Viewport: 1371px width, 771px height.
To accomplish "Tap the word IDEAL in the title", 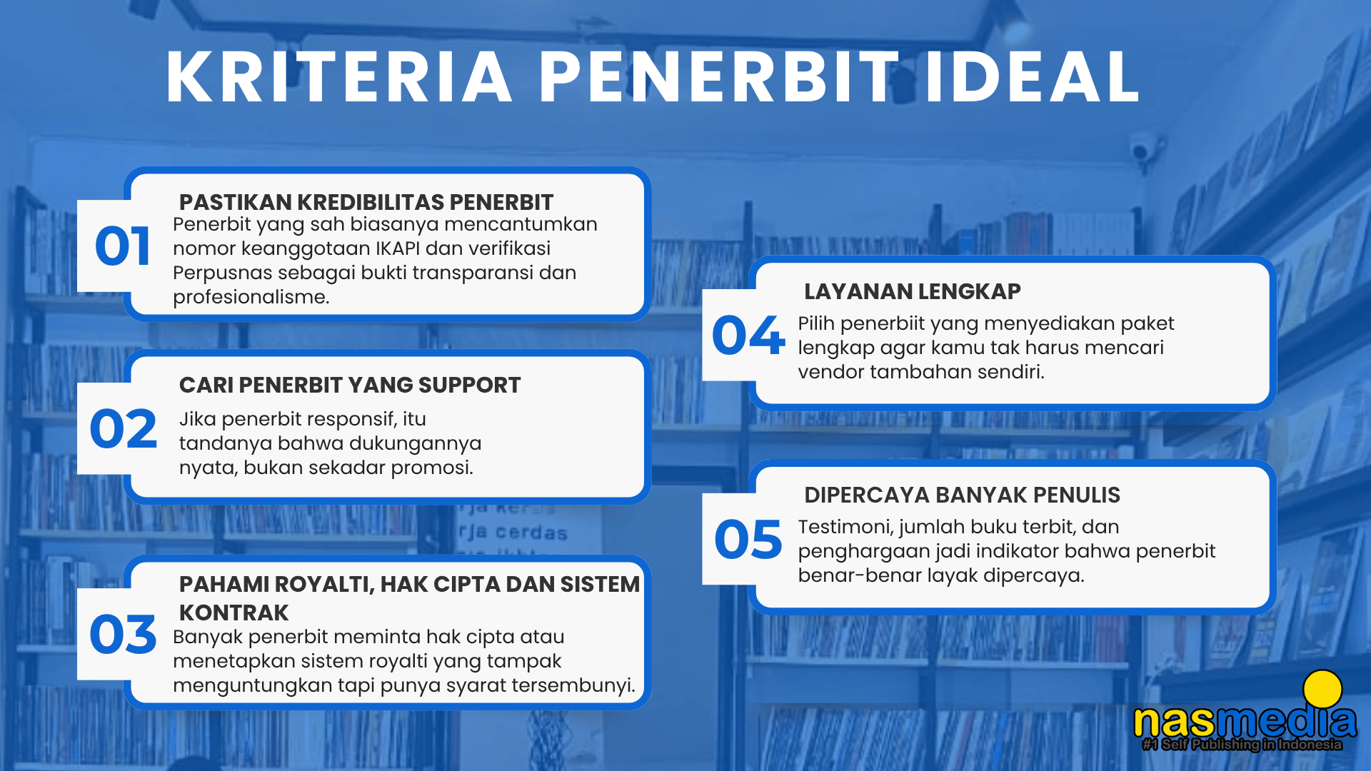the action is (x=1032, y=77).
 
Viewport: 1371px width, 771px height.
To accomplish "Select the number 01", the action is (x=123, y=246).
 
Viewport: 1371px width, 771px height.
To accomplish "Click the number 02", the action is (x=123, y=429).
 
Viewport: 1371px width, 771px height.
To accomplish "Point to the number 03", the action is (x=123, y=634).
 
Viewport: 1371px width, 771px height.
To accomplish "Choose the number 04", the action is (x=748, y=335).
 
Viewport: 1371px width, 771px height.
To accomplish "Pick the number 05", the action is (x=748, y=539).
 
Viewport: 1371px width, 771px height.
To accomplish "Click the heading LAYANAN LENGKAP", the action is (x=913, y=291).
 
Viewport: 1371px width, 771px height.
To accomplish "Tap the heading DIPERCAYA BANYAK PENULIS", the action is (x=962, y=495).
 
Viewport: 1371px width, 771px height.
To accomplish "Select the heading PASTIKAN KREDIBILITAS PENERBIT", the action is (x=366, y=202).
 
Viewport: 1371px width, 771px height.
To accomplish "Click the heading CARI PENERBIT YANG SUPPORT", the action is (x=350, y=385).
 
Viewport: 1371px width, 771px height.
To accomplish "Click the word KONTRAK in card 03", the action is (x=233, y=613).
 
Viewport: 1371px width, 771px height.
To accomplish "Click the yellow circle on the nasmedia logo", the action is (x=1322, y=690).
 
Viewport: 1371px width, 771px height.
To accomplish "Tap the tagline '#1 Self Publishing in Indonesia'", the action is (x=1242, y=745).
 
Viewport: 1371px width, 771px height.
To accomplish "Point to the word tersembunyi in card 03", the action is (x=576, y=686).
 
